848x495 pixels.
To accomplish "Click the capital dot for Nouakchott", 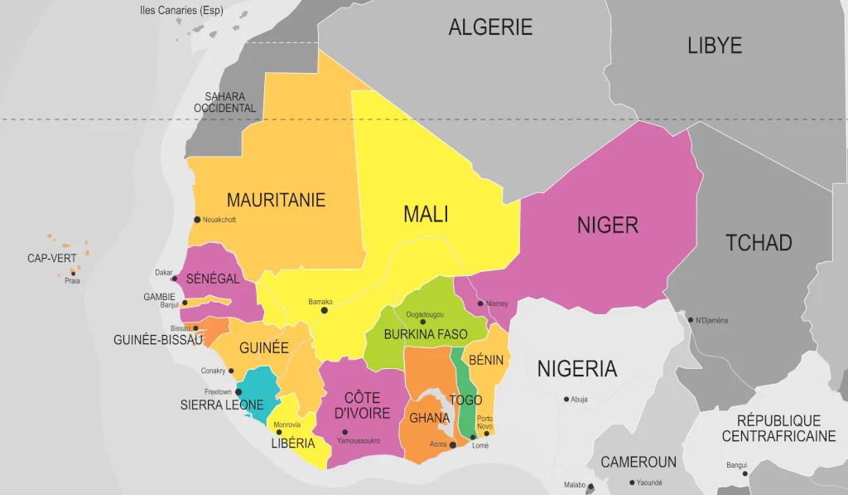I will tap(197, 220).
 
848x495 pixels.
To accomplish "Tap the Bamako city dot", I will tap(325, 310).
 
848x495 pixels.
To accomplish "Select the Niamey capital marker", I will tap(481, 303).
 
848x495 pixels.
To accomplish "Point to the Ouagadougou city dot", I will tap(422, 323).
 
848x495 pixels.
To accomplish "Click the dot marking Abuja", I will tap(567, 400).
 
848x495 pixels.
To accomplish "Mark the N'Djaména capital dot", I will tap(691, 320).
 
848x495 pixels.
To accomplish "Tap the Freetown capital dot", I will tap(238, 391).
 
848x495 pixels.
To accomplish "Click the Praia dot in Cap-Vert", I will tap(73, 273).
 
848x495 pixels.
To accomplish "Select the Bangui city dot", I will tap(745, 473).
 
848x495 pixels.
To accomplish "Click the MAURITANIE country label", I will tap(276, 200).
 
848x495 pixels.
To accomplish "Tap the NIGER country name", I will tap(607, 225).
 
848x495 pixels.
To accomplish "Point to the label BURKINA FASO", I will tap(426, 334).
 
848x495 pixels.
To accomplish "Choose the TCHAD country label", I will tap(759, 243).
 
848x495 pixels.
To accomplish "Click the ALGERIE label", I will tap(490, 27).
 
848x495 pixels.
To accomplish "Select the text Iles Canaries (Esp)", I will tap(181, 11).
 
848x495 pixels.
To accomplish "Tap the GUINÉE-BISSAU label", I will tap(157, 340).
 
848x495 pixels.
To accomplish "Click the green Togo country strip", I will tap(465, 390).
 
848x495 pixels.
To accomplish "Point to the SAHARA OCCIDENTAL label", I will tap(225, 102).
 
